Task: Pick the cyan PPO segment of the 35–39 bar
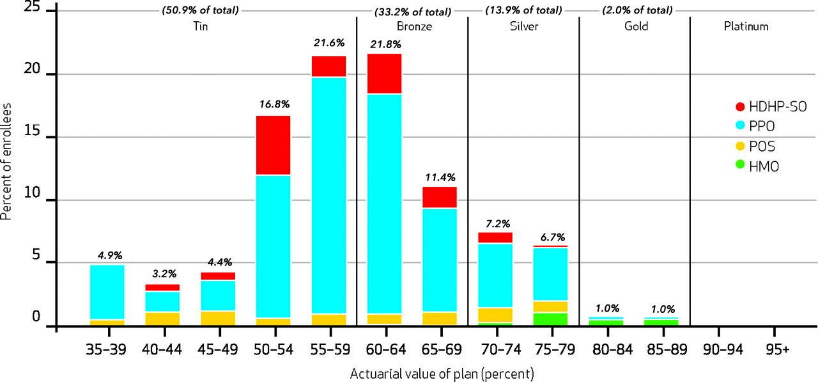107,292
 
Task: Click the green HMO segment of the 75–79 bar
551,319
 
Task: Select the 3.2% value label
162,275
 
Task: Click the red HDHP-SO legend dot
739,106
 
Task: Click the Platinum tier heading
746,27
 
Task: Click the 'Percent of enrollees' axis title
7,164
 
